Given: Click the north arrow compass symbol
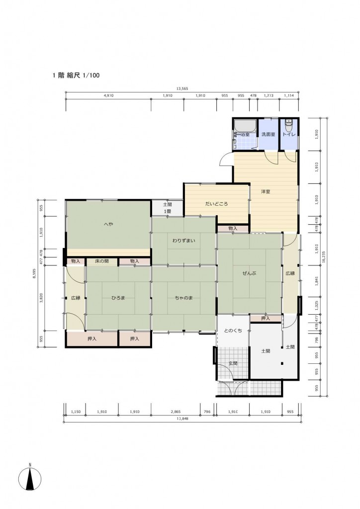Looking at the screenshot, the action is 30,478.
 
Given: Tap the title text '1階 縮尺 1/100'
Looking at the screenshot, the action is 76,76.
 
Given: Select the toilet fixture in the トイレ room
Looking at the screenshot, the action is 288,125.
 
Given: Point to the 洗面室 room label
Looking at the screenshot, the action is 269,134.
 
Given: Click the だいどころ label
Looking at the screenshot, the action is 216,204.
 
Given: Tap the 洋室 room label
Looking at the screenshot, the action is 266,191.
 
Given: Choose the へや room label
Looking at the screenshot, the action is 108,224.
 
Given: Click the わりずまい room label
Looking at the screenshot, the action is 184,241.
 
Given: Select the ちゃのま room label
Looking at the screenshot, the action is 184,298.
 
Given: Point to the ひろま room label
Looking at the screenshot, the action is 118,298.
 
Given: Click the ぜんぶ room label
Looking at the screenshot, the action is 249,273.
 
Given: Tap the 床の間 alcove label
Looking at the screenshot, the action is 102,261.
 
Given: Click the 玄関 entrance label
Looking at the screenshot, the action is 233,363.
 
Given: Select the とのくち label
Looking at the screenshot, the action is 233,331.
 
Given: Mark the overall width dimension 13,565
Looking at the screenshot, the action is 182,88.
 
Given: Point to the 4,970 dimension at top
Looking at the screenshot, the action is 108,96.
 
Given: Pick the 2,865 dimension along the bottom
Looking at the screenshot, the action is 176,412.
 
